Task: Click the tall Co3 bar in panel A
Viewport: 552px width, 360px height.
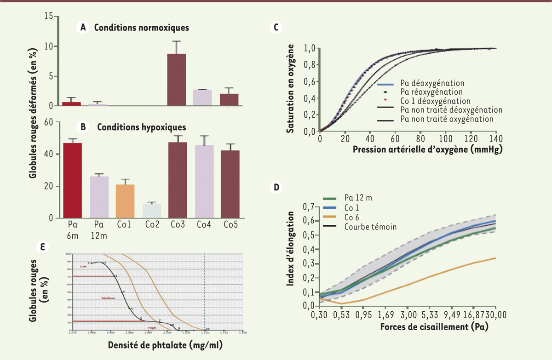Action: click(176, 80)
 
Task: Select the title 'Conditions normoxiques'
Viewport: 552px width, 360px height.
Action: click(142, 28)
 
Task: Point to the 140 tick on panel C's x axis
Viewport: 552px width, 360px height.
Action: click(496, 139)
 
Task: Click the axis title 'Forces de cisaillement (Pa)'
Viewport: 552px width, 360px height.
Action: click(434, 327)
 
